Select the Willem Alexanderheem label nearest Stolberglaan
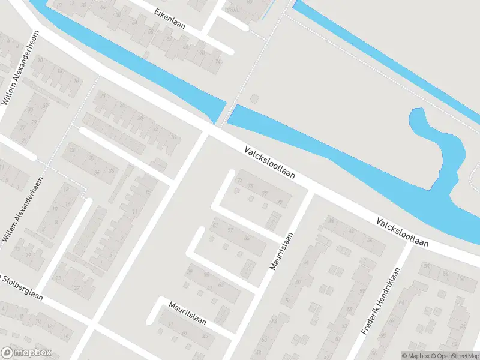pos(25,210)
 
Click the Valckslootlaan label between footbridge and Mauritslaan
pos(271,163)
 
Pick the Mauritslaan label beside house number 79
pos(281,251)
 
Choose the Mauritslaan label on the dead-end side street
pos(187,313)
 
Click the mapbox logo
pos(26,353)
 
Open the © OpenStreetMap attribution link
pos(454,355)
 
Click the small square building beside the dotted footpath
pos(254,98)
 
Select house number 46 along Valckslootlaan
pos(370,241)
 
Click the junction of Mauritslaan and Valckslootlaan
pos(311,191)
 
